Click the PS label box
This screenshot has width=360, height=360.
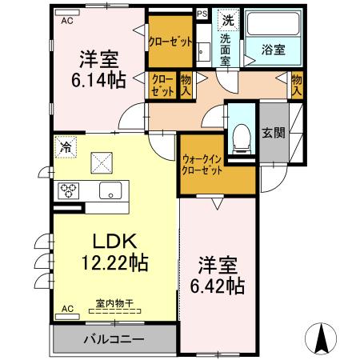point(202,14)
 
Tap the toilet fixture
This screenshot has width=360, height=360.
point(242,139)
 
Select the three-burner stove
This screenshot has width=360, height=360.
point(69,191)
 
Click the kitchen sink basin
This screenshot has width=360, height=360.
point(110,190)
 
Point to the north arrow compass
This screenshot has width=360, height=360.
point(321,338)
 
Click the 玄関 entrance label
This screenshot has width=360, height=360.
point(274,133)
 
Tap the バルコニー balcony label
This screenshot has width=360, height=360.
point(114,339)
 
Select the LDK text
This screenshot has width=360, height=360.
point(114,241)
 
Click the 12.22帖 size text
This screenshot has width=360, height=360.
point(115,262)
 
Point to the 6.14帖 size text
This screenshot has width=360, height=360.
point(98,80)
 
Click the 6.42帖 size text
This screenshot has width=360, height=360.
point(218,286)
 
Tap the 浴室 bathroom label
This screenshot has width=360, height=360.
point(274,50)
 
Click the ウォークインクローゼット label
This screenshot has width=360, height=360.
point(202,165)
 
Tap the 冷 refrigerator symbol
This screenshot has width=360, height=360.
point(66,147)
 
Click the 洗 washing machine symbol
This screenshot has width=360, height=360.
point(228,20)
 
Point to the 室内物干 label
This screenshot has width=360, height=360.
point(114,303)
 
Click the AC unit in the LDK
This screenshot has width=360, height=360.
point(67,317)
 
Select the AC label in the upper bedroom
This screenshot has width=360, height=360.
point(67,21)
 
